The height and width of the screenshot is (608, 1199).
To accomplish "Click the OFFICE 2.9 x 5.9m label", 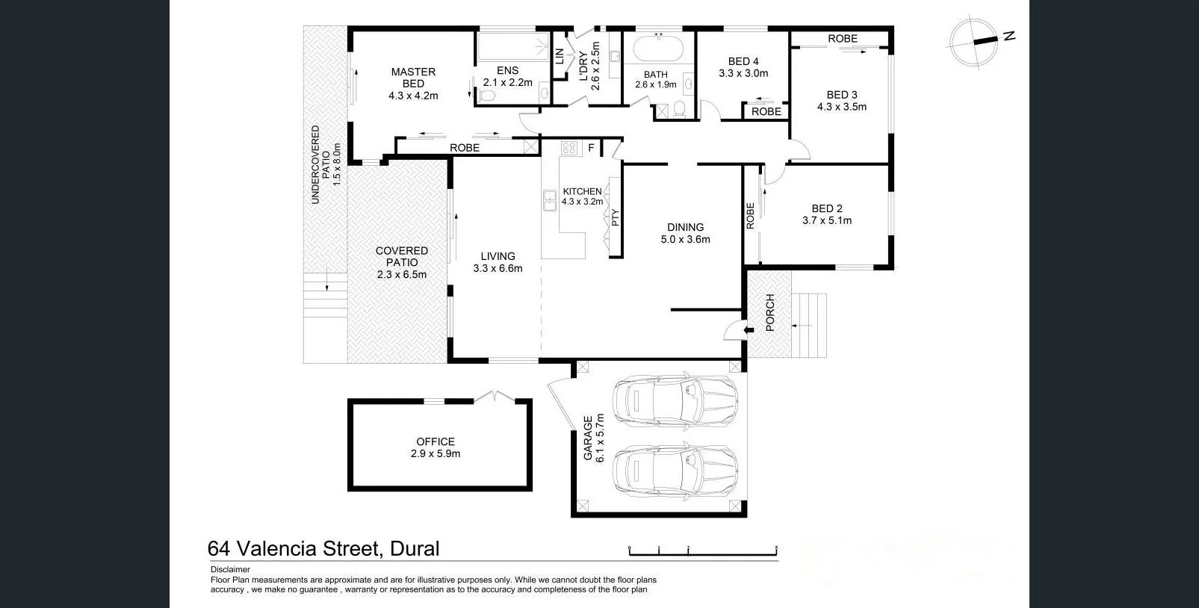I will (x=436, y=447).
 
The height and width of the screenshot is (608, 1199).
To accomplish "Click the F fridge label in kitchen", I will (x=591, y=148).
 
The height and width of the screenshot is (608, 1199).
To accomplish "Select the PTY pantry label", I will (x=615, y=217).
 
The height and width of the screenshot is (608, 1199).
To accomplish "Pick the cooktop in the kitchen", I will (x=569, y=148).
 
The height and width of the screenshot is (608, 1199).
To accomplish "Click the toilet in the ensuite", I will (x=488, y=96).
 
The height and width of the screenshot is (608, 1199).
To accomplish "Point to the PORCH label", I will (x=770, y=313).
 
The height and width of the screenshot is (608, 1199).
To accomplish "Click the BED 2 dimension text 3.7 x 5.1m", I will (x=827, y=220).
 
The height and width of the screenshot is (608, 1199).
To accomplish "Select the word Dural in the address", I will (x=415, y=549).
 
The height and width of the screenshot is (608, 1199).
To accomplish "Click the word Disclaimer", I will (x=230, y=569).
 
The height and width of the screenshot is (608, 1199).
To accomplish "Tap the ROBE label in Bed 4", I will (x=766, y=111).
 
